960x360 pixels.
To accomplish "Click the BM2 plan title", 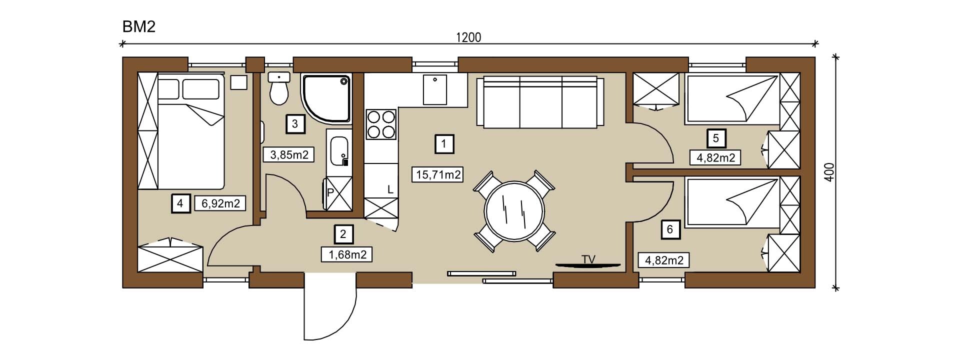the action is (139, 26).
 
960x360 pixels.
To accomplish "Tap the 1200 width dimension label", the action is (468, 37).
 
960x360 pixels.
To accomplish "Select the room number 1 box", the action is (444, 144).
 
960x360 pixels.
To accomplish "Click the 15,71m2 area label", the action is (437, 174).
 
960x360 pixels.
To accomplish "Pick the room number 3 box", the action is (294, 123).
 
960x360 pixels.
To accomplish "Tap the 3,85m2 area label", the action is (288, 155).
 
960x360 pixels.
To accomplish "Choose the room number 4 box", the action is (180, 203).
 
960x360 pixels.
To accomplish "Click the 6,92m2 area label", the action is (220, 203).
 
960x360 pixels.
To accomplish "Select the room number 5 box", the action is (716, 138).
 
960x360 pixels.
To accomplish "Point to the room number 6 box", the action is (670, 229).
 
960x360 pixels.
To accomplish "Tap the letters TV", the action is (588, 259).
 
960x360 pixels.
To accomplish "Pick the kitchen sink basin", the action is (435, 90).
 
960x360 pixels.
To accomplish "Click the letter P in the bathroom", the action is (330, 191).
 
